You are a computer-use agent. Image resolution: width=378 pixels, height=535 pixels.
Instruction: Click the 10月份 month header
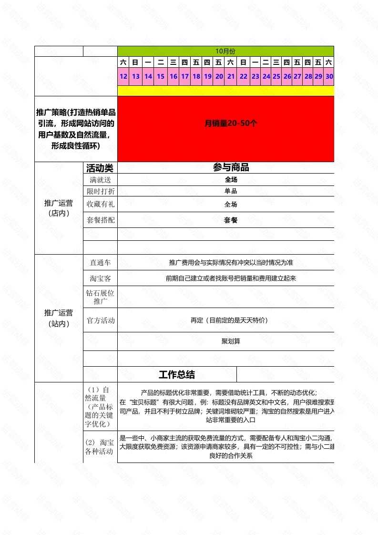(225, 51)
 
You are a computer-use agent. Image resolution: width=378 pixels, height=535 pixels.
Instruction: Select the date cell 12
(123, 76)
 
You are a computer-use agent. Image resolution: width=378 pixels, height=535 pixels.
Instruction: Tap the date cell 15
(161, 76)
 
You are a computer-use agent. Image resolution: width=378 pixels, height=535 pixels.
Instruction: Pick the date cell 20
(219, 76)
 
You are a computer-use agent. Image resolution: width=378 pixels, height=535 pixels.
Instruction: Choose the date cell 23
(255, 76)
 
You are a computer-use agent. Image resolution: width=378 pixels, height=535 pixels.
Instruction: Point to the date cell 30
(329, 76)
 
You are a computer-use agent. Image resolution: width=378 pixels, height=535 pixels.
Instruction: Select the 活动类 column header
(100, 168)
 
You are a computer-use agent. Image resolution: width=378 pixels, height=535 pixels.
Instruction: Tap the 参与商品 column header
(231, 167)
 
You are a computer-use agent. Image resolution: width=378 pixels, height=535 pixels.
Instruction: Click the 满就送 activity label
(100, 180)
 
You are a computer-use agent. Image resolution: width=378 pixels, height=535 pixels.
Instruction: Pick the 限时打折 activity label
(100, 191)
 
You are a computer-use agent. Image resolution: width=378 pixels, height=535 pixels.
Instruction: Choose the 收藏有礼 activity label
(100, 204)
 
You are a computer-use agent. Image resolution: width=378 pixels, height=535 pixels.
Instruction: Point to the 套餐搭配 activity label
(100, 220)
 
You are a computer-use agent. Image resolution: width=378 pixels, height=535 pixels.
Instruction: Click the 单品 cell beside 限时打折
(231, 191)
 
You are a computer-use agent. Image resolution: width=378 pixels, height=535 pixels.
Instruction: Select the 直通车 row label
(100, 263)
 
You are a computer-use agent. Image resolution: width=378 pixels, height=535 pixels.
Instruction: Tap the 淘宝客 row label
(100, 278)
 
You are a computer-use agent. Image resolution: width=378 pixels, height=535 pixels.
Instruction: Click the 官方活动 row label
(100, 320)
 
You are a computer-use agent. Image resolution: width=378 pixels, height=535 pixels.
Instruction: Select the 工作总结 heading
(177, 375)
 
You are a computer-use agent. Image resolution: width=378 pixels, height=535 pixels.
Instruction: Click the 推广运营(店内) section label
(59, 208)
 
